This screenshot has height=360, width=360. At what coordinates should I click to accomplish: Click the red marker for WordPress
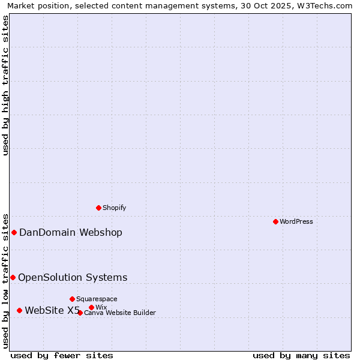pyautogui.click(x=275, y=221)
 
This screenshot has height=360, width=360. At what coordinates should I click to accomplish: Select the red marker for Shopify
pyautogui.click(x=98, y=208)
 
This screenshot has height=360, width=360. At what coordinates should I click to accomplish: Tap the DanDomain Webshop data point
pyautogui.click(x=14, y=232)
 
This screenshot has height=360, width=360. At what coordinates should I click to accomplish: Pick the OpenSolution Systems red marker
pyautogui.click(x=13, y=277)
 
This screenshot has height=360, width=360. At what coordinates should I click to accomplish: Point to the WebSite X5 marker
pyautogui.click(x=19, y=310)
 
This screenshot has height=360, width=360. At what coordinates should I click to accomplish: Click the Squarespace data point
pyautogui.click(x=72, y=299)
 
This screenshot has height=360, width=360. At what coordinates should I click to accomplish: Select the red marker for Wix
pyautogui.click(x=91, y=307)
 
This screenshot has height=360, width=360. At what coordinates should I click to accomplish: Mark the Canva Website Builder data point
pyautogui.click(x=80, y=313)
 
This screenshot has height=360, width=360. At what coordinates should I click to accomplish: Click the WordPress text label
pyautogui.click(x=296, y=221)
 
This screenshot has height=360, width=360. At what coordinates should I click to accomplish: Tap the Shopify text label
pyautogui.click(x=114, y=208)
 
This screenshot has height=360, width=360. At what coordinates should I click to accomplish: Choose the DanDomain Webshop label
pyautogui.click(x=71, y=233)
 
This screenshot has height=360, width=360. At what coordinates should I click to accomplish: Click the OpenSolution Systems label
pyautogui.click(x=73, y=277)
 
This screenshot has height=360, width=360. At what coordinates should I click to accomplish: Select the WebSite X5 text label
pyautogui.click(x=52, y=310)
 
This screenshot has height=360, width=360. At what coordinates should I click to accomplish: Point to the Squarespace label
pyautogui.click(x=97, y=299)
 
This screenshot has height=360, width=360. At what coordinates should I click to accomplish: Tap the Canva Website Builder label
pyautogui.click(x=120, y=313)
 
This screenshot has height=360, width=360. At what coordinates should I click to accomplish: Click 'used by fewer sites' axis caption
pyautogui.click(x=62, y=355)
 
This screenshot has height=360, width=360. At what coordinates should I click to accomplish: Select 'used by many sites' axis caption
pyautogui.click(x=301, y=355)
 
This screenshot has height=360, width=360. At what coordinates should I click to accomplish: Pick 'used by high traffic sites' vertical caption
pyautogui.click(x=5, y=85)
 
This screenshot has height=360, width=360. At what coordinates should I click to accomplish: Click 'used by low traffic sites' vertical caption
pyautogui.click(x=5, y=280)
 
